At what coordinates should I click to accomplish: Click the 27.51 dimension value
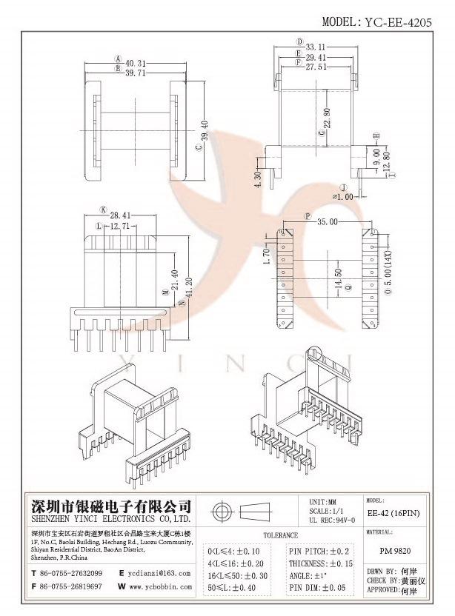[x=317, y=65]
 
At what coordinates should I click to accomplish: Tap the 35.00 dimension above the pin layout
[x=326, y=221]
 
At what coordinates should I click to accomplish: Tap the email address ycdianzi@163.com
[x=159, y=572]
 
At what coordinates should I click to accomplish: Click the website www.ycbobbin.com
[x=159, y=587]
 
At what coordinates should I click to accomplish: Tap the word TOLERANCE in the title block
[x=280, y=535]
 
